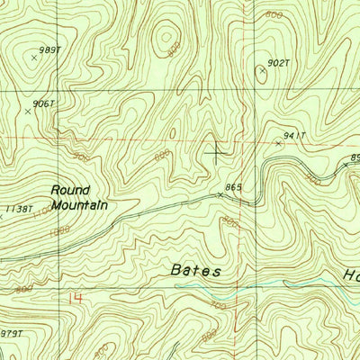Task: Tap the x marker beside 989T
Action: click(34, 57)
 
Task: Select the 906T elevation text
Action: click(43, 104)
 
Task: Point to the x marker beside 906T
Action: click(28, 112)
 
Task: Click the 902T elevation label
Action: click(278, 64)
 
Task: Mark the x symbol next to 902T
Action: click(262, 69)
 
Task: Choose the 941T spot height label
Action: click(295, 136)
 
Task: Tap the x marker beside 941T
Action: click(278, 143)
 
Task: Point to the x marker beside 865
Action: click(221, 193)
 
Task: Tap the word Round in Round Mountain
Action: click(67, 190)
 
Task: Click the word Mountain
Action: click(79, 205)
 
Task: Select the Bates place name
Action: click(196, 270)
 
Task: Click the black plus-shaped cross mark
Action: click(216, 151)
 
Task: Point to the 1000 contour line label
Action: click(59, 230)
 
